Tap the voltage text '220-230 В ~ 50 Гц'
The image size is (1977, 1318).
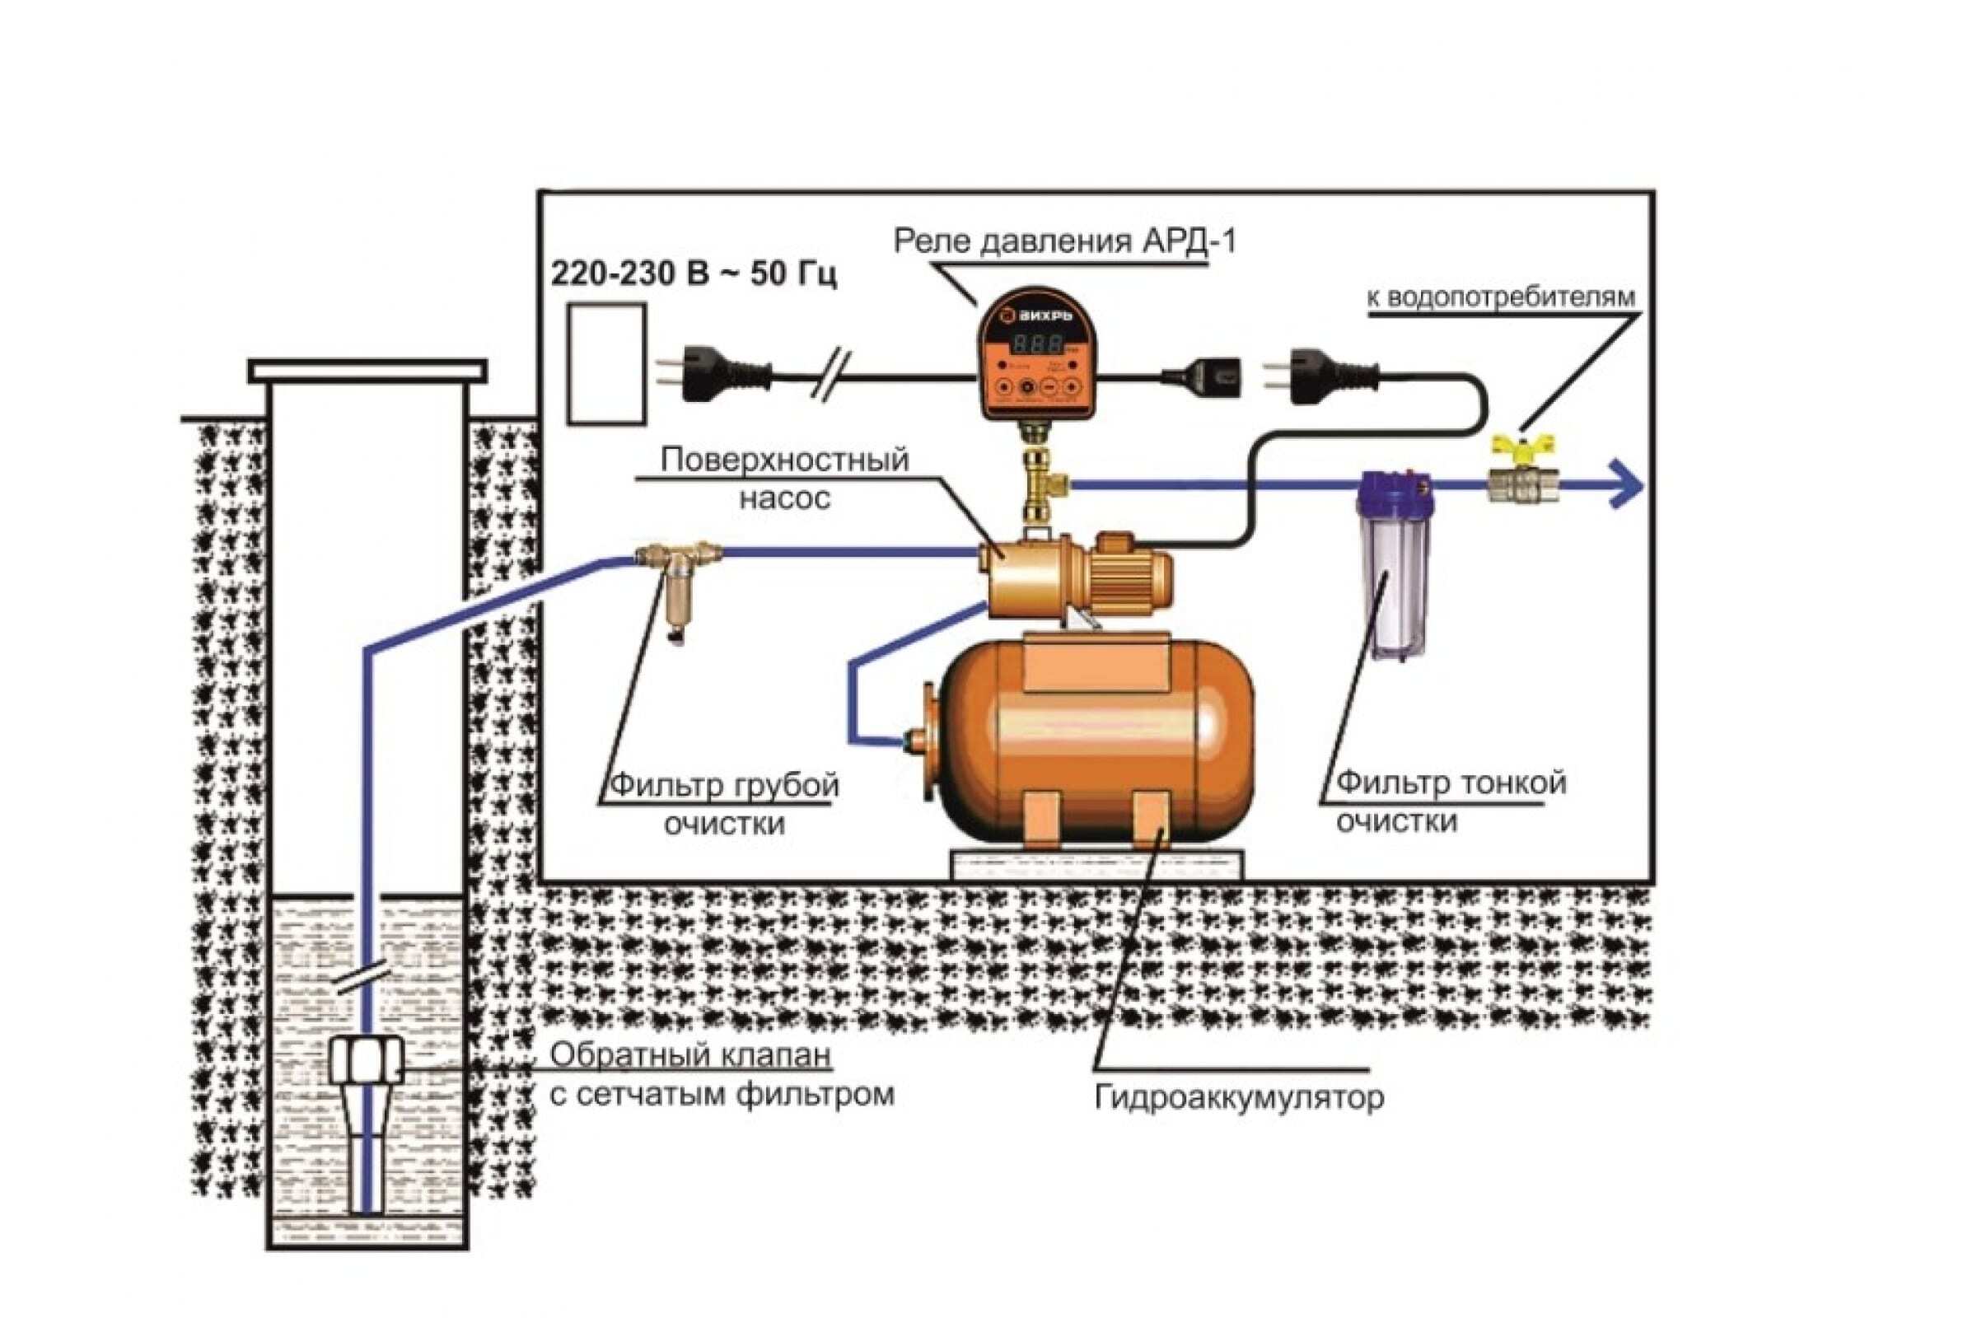pos(694,275)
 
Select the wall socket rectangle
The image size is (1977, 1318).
pos(606,363)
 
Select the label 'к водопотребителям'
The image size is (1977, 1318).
pos(1501,297)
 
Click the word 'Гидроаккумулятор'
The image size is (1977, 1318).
pos(1239,1098)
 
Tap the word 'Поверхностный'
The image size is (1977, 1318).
pos(784,460)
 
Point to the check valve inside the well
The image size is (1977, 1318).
pos(367,1061)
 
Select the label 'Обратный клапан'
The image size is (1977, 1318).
pos(691,1055)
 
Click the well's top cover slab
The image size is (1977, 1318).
pos(367,370)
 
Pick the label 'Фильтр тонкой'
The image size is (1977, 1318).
pos(1451,783)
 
